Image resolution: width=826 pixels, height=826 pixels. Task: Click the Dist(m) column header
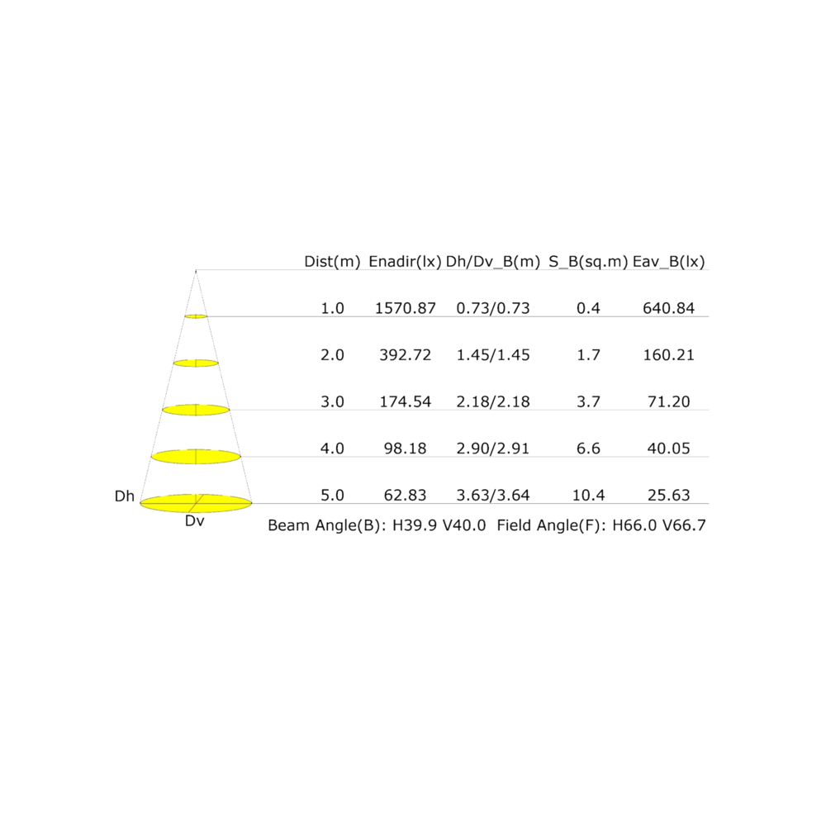point(332,261)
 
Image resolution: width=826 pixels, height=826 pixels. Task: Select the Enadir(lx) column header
point(405,261)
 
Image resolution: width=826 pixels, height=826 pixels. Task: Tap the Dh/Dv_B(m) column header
point(492,262)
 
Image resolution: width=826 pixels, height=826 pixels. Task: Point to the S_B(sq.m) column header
point(588,262)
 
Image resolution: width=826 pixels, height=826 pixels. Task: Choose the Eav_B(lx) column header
point(668,262)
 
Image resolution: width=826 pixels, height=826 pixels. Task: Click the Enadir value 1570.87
point(405,308)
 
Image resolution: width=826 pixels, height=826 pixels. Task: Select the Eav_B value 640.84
point(668,308)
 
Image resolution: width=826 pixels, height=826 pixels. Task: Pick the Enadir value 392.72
point(405,355)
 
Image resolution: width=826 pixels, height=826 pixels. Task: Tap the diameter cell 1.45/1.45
point(492,355)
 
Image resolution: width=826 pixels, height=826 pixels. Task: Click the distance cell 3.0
point(332,402)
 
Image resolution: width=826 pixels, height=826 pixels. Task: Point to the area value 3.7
point(588,402)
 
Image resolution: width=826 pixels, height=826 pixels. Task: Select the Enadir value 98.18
point(405,449)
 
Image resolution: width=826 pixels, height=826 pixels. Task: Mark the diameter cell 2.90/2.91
point(492,449)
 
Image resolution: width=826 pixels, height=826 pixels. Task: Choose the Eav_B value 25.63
point(668,495)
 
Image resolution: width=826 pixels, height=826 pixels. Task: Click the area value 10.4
point(588,495)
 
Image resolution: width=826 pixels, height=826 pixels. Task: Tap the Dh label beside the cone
point(125,496)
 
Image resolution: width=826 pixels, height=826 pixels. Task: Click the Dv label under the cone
point(194,521)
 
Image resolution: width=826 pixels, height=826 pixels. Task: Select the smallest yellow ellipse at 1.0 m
point(196,316)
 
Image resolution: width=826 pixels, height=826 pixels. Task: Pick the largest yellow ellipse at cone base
point(196,503)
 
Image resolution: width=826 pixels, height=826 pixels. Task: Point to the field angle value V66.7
point(684,525)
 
